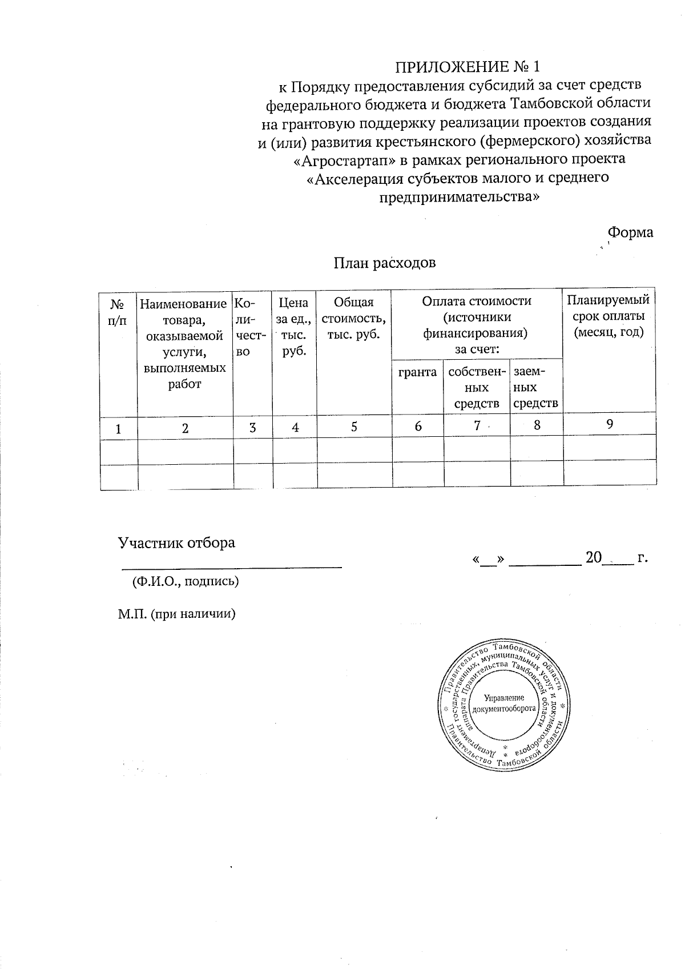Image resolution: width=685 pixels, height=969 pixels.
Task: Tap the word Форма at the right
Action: pos(630,232)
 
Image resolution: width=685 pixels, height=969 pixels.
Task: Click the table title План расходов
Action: pos(384,263)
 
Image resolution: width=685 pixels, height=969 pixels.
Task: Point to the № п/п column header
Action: pos(119,311)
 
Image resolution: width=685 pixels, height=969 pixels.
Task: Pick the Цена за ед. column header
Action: pos(295,326)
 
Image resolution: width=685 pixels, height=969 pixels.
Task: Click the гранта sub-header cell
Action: pos(418,372)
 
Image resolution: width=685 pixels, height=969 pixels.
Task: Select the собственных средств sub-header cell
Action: pos(477,388)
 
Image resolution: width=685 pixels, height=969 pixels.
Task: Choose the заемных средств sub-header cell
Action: pos(535,388)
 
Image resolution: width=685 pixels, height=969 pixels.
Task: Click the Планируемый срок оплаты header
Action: pos(609,316)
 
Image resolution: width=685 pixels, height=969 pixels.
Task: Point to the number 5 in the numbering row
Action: pos(354,427)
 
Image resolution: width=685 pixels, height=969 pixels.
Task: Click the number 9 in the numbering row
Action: pos(609,424)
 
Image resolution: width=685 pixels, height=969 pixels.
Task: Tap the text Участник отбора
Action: pos(176,542)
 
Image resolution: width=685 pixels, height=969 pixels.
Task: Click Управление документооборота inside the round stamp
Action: pos(504,703)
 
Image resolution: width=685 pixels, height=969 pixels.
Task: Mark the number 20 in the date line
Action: pos(594,558)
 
